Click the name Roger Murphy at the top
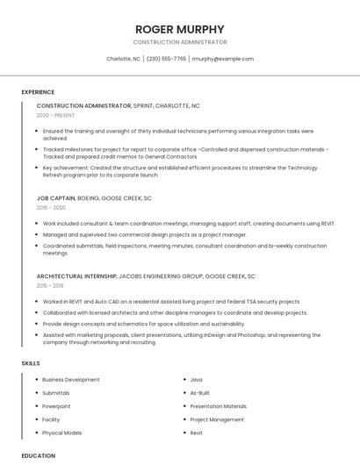179,29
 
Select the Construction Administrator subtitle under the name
179,42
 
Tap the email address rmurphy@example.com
222,59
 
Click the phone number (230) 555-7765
166,59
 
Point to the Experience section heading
38,92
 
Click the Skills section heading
31,363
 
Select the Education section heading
38,455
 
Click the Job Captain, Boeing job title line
94,198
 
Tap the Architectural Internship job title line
146,276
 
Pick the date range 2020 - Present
55,115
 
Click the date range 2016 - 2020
51,208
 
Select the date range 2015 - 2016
50,286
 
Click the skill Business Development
70,380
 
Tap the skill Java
197,380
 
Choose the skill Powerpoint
56,406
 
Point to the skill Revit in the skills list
197,433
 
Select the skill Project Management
217,419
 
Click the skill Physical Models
61,433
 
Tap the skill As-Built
200,393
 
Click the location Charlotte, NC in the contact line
123,59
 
